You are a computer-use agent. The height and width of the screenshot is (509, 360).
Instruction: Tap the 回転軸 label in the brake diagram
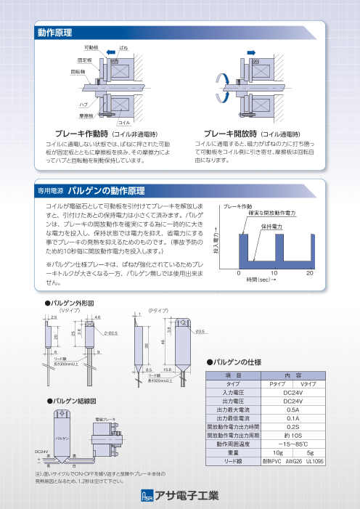[x=78, y=73]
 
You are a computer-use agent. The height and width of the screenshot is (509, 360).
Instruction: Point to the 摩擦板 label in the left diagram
[x=85, y=115]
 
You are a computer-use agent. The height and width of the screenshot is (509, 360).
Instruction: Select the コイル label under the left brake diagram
[x=124, y=124]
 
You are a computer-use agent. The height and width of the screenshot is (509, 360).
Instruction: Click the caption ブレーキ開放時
[x=231, y=134]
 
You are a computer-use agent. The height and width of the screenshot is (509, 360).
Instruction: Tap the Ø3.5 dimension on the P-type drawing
[x=200, y=332]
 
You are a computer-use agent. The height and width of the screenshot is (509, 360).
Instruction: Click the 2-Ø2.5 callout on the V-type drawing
[x=112, y=333]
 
